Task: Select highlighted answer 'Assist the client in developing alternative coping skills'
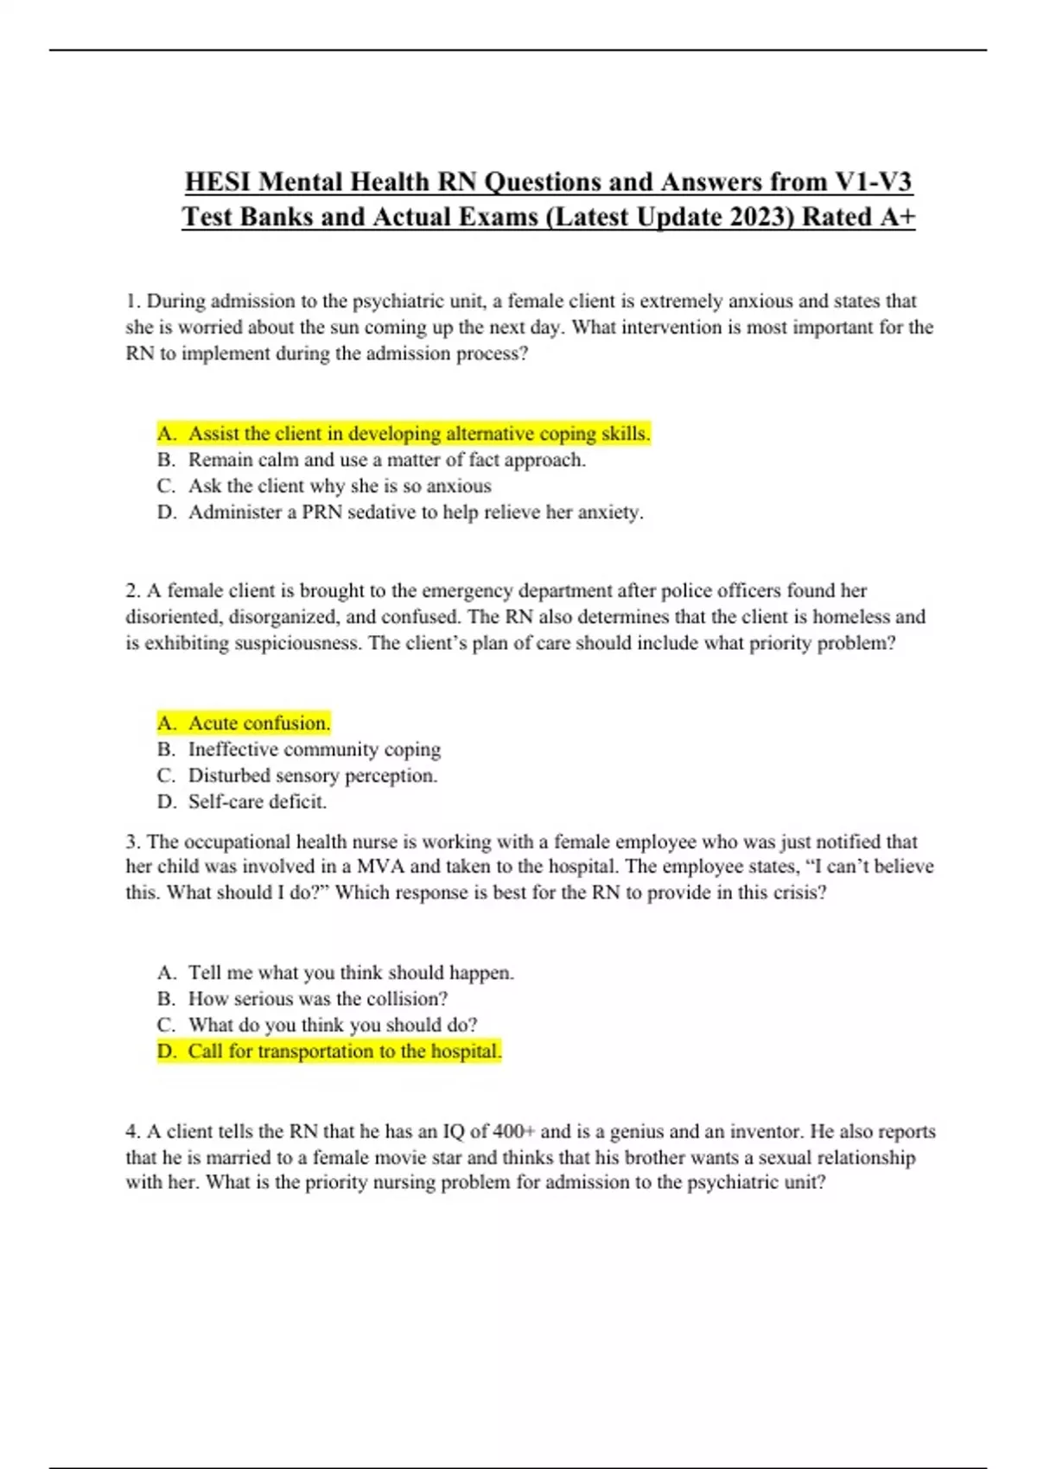tap(418, 434)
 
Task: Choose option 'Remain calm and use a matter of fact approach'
tap(386, 460)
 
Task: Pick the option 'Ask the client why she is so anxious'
tap(340, 486)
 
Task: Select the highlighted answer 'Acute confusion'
tap(259, 723)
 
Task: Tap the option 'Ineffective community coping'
tap(315, 749)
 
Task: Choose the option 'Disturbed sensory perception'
tap(313, 776)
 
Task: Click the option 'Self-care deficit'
tap(258, 802)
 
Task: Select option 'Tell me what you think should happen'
tap(351, 973)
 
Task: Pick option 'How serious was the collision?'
tap(318, 999)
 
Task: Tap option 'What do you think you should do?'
tap(333, 1025)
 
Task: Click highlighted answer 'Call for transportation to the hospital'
tap(345, 1052)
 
